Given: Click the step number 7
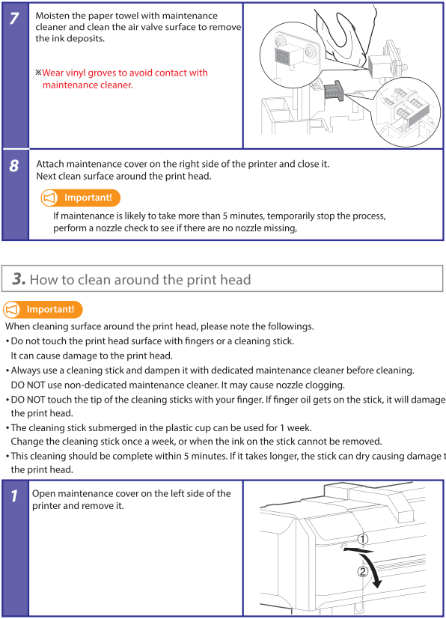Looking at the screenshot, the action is (x=14, y=18).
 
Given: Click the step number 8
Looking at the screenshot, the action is (x=14, y=166).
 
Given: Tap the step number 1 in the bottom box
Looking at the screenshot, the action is (x=14, y=495).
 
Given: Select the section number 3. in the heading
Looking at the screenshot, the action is (x=19, y=278).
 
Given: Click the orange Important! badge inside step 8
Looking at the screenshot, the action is (x=81, y=198).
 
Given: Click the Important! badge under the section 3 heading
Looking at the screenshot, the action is (x=43, y=310).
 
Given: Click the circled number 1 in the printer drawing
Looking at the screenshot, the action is (x=363, y=539).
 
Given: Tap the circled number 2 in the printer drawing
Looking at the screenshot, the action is (x=363, y=571).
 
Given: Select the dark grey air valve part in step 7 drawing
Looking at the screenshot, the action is (x=334, y=91).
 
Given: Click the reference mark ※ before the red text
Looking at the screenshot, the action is (x=38, y=73).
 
